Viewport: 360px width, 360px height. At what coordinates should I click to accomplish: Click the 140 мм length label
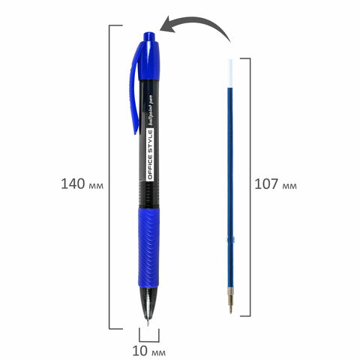point(82,184)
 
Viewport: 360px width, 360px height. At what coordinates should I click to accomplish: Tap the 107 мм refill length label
point(275,184)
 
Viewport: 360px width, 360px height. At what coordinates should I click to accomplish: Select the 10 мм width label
point(148,351)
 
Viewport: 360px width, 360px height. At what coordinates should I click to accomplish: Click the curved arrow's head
point(167,25)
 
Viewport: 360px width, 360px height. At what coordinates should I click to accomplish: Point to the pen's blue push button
point(149,37)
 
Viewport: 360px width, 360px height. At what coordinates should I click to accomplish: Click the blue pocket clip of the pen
point(134,88)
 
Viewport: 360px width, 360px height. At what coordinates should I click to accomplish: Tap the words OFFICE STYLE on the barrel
point(150,154)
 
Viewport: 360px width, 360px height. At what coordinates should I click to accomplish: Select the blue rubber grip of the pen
point(148,247)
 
